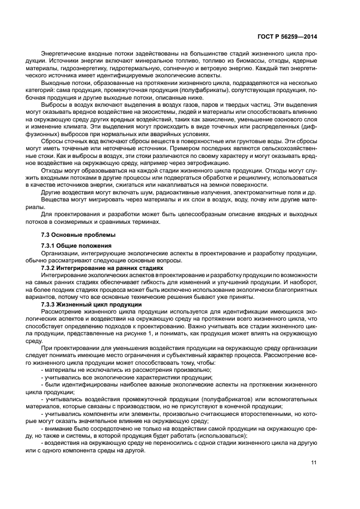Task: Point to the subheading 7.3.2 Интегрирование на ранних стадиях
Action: [x=102, y=268]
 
